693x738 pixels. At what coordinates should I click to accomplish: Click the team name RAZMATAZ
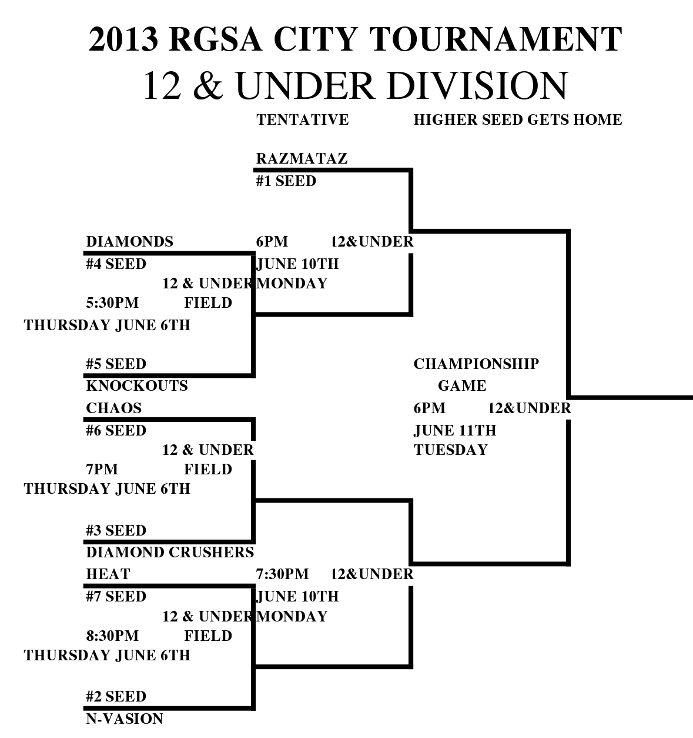click(x=302, y=159)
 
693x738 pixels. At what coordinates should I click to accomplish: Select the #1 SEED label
click(x=286, y=181)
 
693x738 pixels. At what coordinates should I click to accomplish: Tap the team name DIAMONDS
click(x=129, y=242)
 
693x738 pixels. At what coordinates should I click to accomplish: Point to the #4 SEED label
click(x=116, y=264)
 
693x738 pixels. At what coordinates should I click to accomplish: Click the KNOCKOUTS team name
click(x=136, y=386)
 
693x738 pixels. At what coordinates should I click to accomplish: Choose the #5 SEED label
click(x=116, y=364)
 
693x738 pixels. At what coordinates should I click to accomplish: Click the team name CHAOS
click(x=113, y=408)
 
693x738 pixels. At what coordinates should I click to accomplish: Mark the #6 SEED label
click(x=116, y=431)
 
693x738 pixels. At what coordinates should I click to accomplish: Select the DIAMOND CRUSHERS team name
click(x=170, y=553)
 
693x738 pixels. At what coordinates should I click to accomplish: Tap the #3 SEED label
click(x=116, y=531)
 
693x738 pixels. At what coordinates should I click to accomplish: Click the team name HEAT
click(x=108, y=574)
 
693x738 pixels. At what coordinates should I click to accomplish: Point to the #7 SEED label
click(x=116, y=597)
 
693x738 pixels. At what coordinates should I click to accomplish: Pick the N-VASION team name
click(x=124, y=719)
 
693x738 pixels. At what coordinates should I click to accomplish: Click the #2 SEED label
click(x=116, y=697)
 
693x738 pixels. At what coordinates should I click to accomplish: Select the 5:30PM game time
click(x=112, y=303)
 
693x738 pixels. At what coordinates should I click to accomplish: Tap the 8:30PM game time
click(x=112, y=636)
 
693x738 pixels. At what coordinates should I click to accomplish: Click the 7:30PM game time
click(x=282, y=574)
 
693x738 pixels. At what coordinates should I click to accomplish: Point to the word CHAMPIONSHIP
click(x=476, y=364)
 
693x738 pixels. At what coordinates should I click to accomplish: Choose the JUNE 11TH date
click(x=454, y=431)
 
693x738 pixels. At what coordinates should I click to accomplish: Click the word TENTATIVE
click(x=302, y=120)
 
